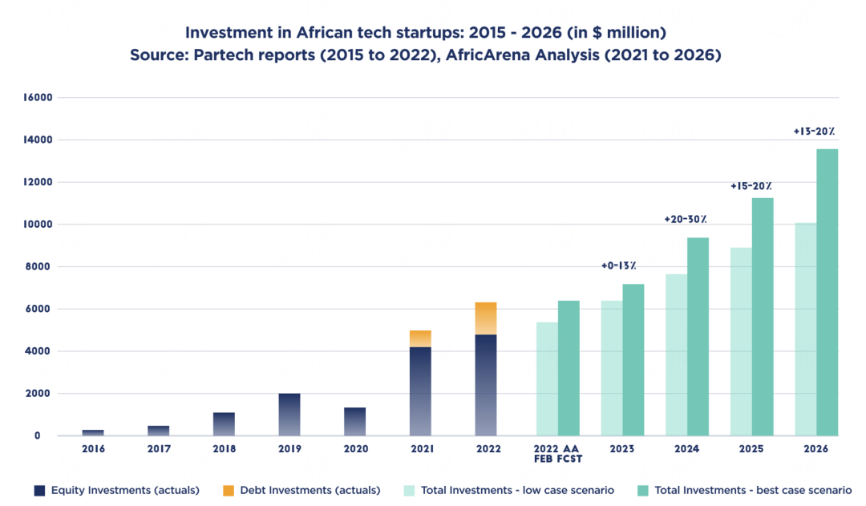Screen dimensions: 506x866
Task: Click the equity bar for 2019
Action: point(289,415)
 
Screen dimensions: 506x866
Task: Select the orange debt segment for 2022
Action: point(486,318)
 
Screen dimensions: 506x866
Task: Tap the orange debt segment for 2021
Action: point(420,338)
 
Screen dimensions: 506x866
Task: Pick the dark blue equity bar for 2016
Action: point(93,433)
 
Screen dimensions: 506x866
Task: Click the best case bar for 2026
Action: point(828,293)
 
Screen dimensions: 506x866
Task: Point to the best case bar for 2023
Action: point(633,360)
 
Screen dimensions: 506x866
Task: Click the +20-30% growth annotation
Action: point(686,220)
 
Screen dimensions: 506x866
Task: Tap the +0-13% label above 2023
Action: point(619,266)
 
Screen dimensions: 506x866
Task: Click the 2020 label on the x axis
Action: point(354,449)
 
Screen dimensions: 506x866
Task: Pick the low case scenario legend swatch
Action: point(410,489)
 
